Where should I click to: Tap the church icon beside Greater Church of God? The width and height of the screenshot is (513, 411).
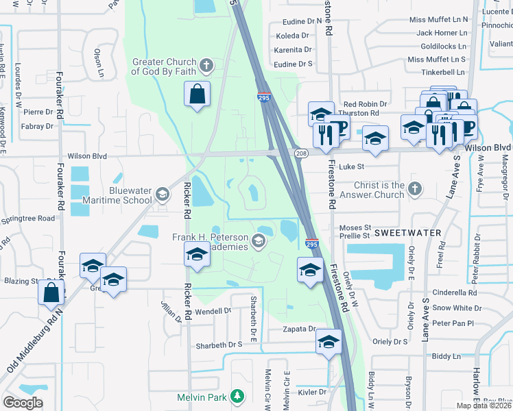pos(205,66)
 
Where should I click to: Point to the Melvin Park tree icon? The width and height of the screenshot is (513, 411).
pos(237,396)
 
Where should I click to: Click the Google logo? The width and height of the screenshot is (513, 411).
pos(23,403)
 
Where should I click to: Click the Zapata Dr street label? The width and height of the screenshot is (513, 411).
pos(299,329)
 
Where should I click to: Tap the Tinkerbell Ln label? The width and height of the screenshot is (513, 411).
pos(442,72)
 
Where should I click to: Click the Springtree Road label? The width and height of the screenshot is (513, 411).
pos(27,219)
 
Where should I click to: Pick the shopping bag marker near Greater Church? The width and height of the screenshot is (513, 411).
pos(197,94)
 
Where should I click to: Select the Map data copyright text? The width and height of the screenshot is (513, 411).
pos(484,406)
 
